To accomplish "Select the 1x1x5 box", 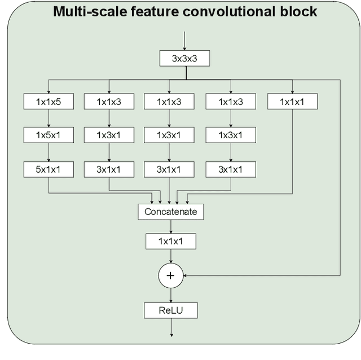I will [x=49, y=102].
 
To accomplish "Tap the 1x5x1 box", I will [x=49, y=135].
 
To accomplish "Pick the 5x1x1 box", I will [x=49, y=169].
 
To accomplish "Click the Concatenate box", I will [x=170, y=212].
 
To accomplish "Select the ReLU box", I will [x=170, y=310].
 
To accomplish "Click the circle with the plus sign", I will [x=170, y=276].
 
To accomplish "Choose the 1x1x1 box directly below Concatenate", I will [x=170, y=242].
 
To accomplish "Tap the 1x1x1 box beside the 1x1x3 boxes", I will [x=292, y=102].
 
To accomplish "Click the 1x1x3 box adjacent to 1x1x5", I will [x=109, y=102].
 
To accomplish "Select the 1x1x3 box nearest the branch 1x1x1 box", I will [x=230, y=102].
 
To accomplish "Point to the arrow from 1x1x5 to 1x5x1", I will [x=49, y=118].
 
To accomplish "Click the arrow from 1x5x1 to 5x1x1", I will [x=49, y=152].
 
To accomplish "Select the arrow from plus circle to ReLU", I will [x=170, y=294].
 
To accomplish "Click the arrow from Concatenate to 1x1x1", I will [x=170, y=227].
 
